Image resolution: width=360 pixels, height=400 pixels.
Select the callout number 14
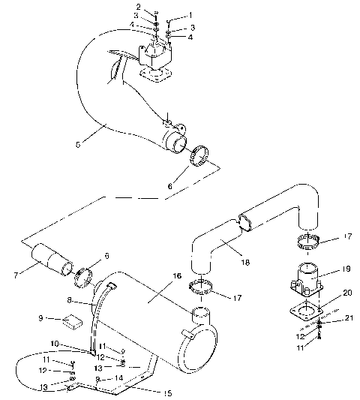(118, 379)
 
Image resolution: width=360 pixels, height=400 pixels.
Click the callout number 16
(178, 277)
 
